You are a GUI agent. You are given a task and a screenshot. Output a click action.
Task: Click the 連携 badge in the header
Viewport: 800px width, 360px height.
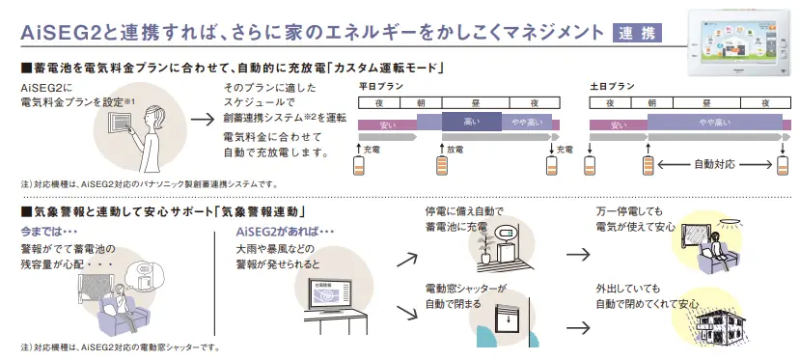pos(640,34)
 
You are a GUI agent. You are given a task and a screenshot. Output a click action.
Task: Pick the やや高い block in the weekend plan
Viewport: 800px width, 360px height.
pos(715,122)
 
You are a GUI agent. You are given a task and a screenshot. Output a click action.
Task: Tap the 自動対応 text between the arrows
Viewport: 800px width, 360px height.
pos(715,165)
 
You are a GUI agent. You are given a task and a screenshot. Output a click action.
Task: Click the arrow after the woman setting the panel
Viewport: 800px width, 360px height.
pos(202,121)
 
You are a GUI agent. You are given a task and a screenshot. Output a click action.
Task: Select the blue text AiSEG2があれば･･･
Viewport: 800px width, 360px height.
pos(285,233)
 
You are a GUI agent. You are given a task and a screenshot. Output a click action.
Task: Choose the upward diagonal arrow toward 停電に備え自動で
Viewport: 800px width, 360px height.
pos(406,260)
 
